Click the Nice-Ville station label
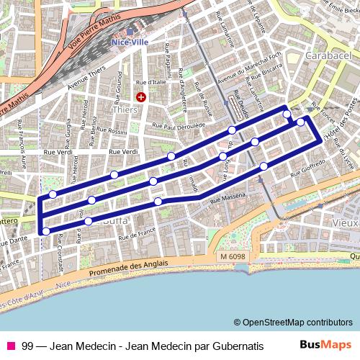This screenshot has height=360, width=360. pos(130,42)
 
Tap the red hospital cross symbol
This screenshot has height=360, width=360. pos(141,96)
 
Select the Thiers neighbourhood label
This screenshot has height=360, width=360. pos(125,109)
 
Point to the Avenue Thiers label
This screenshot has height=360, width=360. pos(86,74)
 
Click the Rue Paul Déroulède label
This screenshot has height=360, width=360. pos(174,125)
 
